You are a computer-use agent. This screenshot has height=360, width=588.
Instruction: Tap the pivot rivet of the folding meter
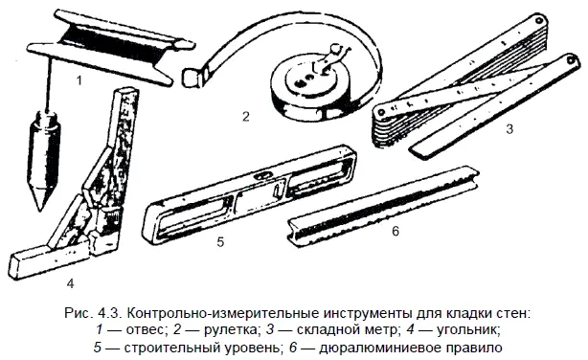[x=381, y=112]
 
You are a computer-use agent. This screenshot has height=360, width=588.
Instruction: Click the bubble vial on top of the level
[x=262, y=175]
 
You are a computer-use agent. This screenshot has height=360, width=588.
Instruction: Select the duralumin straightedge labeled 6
[x=382, y=207]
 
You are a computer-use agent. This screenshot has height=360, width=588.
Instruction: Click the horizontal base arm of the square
[x=49, y=259]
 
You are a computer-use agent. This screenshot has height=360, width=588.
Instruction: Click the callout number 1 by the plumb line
[x=79, y=80]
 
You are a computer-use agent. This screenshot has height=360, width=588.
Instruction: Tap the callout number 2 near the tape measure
[x=245, y=117]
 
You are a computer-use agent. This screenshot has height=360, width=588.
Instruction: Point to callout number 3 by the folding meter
[x=509, y=129]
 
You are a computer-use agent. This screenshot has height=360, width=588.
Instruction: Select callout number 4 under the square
[x=70, y=283]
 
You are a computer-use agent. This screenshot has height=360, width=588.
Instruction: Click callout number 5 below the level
[x=220, y=242]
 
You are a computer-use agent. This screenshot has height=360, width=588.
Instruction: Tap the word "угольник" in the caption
[x=468, y=330]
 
